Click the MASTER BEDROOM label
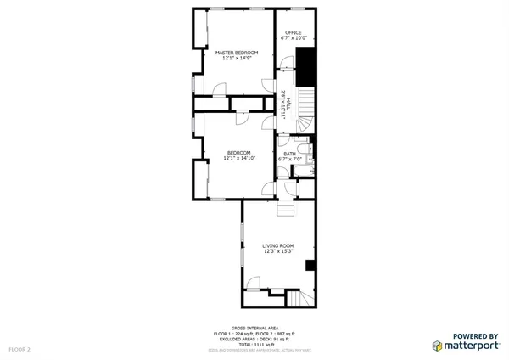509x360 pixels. coord(237,53)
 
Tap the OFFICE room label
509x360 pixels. coord(293,33)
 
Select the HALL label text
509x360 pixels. coord(289,104)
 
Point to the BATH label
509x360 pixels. coord(289,154)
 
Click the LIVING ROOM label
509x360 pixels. coord(277,245)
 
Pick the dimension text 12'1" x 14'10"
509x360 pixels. coord(238,158)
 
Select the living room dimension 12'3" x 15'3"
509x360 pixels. coord(277,251)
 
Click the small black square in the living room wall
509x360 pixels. coord(310,265)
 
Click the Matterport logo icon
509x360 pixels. coord(438,346)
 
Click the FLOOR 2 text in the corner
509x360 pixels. coord(20,349)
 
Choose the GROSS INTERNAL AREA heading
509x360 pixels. coord(255,327)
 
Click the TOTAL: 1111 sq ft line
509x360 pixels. coord(255,344)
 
